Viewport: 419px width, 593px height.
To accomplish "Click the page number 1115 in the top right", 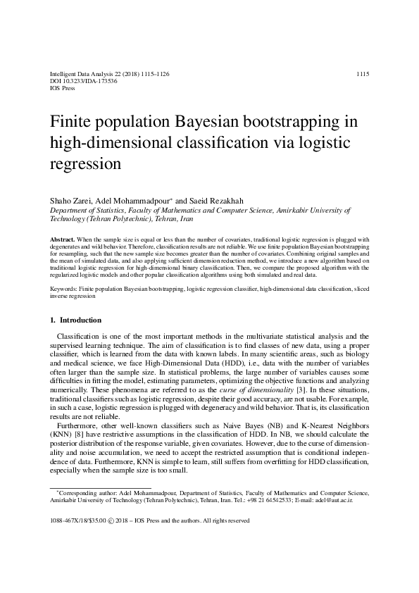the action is [x=363, y=74].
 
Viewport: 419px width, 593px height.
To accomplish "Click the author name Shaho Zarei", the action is [x=70, y=201].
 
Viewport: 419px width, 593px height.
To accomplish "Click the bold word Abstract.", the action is [x=63, y=240].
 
